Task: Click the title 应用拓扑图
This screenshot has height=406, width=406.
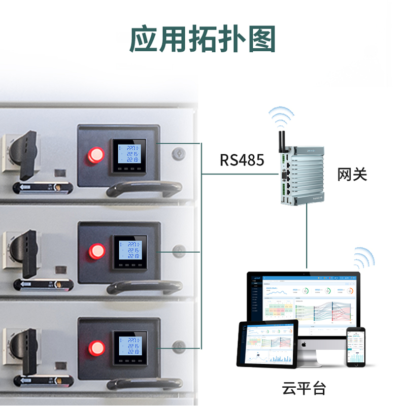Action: (202, 39)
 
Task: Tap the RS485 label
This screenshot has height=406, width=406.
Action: (242, 160)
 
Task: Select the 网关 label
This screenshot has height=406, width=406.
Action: (352, 176)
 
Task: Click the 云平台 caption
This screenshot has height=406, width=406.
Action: (304, 389)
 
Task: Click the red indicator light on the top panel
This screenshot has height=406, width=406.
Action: (95, 154)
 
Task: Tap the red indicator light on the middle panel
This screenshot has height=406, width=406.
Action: (96, 251)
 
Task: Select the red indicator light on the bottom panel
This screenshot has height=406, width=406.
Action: (96, 348)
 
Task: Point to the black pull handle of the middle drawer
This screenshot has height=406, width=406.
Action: (145, 286)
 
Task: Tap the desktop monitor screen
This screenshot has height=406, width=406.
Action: (303, 304)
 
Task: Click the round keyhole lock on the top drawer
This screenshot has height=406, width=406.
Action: (178, 153)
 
